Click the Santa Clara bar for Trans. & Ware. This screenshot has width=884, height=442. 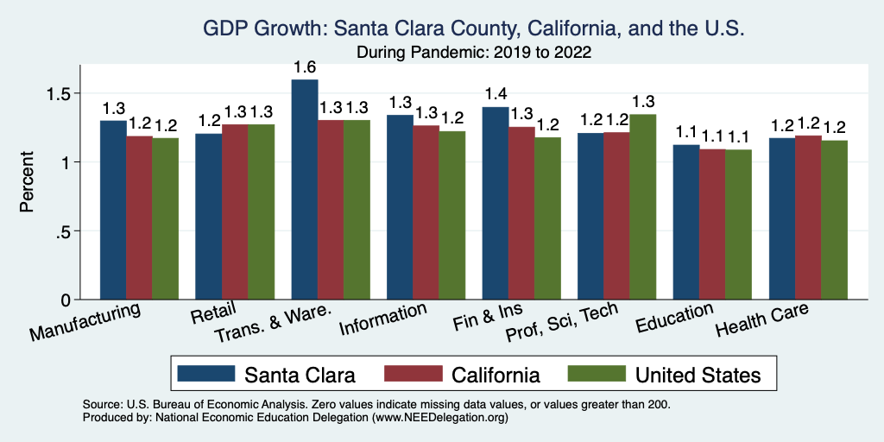(x=305, y=190)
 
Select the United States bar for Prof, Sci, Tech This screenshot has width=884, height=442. (x=642, y=207)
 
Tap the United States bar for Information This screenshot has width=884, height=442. (x=451, y=216)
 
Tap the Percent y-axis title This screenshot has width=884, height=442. (x=28, y=183)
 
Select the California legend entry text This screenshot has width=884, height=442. (x=496, y=375)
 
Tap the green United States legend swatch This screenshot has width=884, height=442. (x=595, y=374)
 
